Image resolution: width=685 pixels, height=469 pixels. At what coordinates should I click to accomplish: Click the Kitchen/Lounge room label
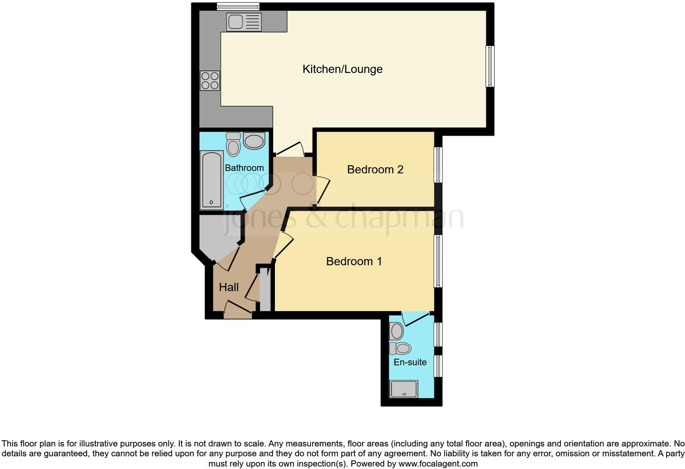(342, 69)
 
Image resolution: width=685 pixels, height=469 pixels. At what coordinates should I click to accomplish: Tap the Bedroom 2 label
(375, 169)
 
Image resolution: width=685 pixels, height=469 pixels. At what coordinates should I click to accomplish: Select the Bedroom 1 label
(354, 262)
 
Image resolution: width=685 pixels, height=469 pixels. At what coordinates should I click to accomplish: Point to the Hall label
(229, 287)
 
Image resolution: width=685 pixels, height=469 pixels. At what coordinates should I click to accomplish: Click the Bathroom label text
(244, 168)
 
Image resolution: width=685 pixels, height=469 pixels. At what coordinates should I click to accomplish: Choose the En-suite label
(410, 362)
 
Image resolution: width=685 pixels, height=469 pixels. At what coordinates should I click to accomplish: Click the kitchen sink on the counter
(244, 22)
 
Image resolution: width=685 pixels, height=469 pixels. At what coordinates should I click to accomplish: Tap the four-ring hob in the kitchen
(210, 81)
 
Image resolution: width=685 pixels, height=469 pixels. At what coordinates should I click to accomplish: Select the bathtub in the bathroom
(211, 180)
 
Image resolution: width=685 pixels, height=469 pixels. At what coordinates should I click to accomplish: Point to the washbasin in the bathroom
(254, 141)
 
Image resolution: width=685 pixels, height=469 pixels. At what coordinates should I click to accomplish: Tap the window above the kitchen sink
(238, 6)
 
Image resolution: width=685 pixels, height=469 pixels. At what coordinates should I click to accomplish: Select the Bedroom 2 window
(438, 165)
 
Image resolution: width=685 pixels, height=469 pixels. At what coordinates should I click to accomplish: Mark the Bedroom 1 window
(438, 261)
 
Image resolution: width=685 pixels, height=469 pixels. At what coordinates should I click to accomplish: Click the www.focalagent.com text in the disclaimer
(438, 464)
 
